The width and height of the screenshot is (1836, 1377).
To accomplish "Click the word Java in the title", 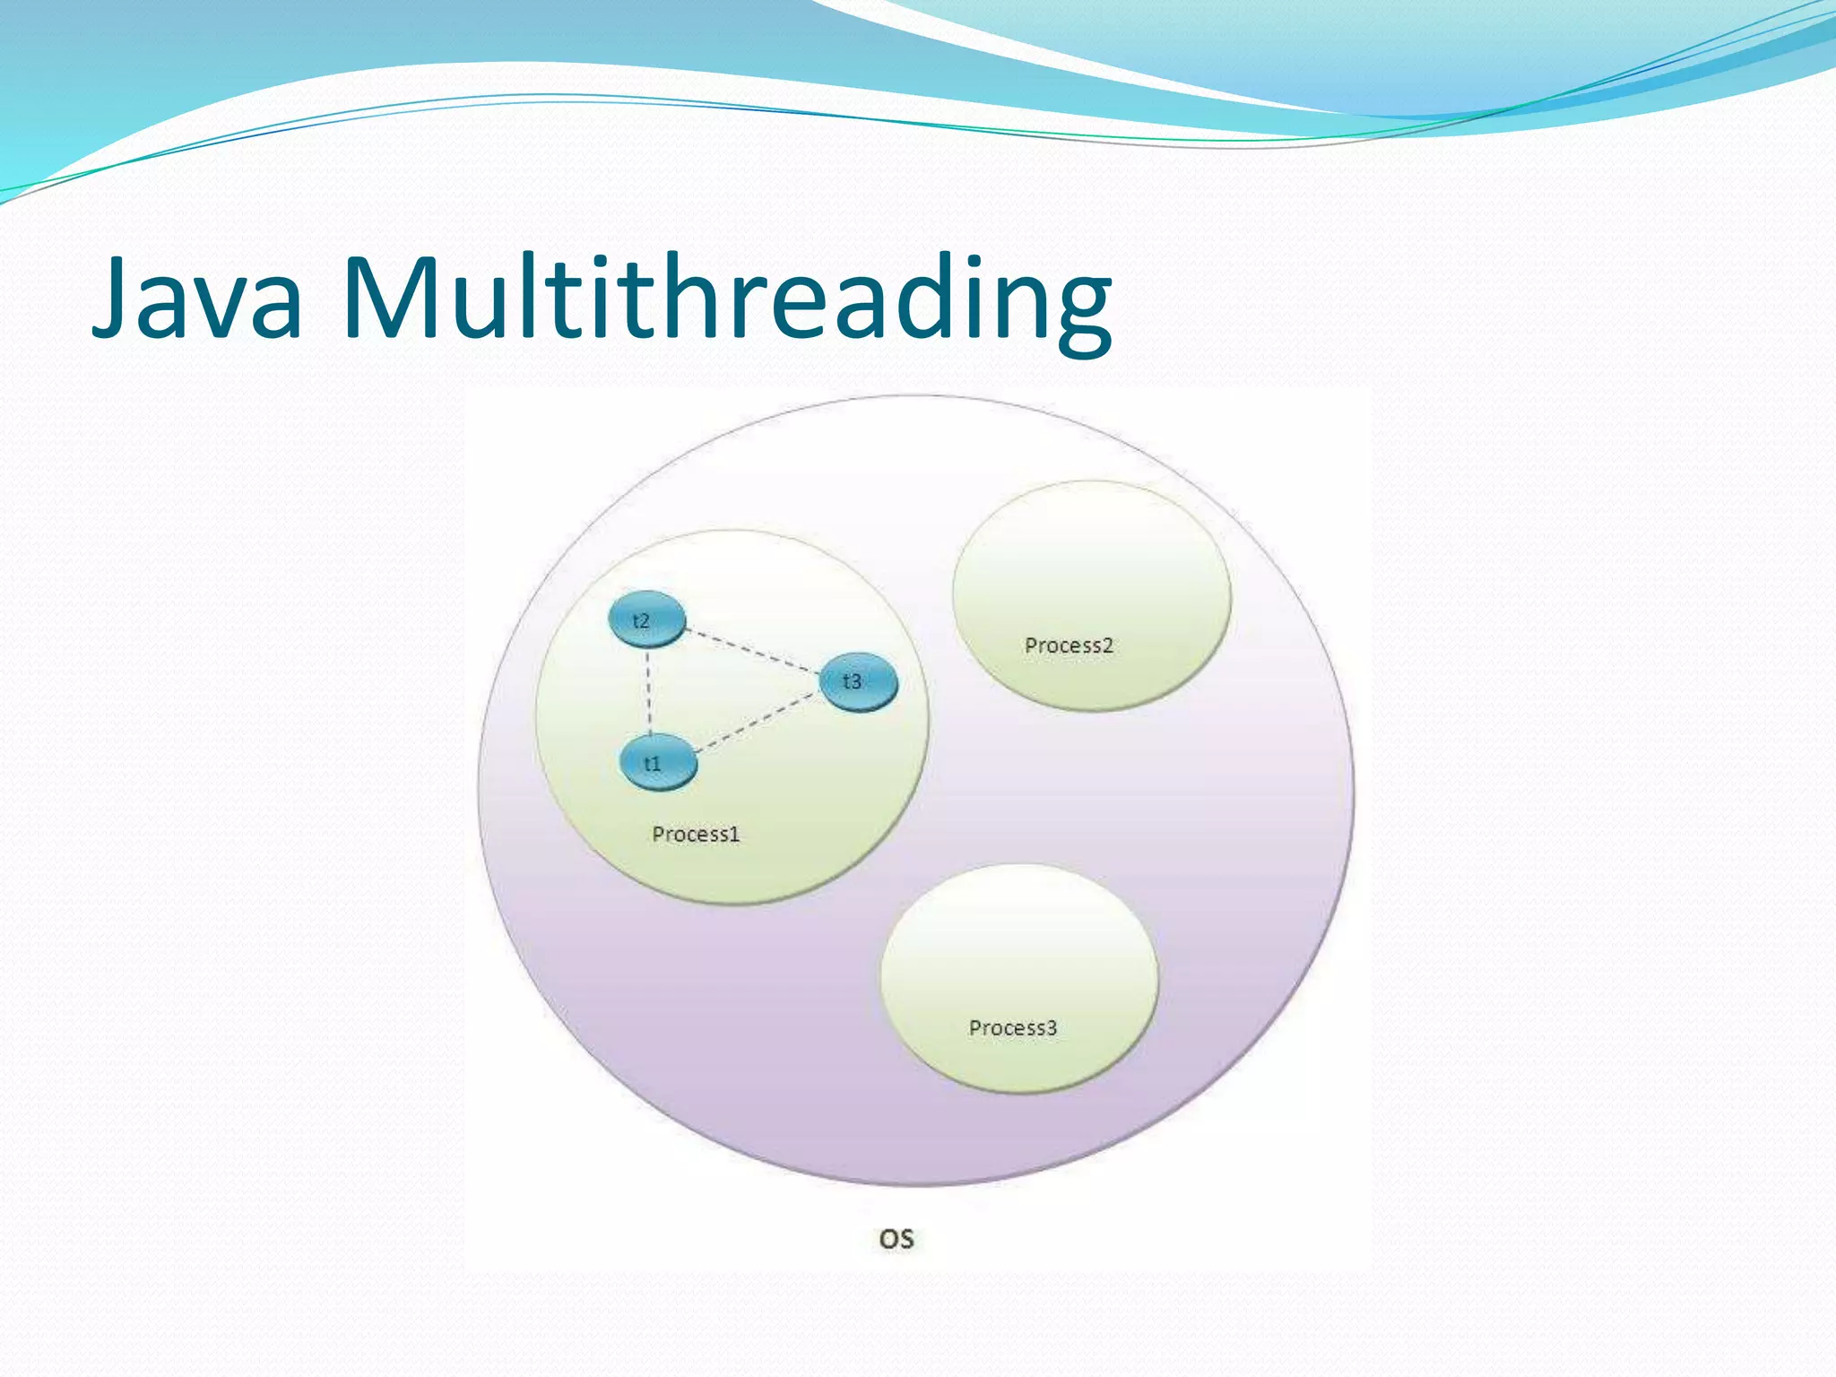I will click(197, 298).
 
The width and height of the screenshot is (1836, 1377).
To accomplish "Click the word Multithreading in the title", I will click(726, 298).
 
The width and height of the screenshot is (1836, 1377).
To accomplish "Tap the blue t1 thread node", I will click(657, 764).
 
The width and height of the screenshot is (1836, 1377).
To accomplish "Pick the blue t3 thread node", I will click(858, 681).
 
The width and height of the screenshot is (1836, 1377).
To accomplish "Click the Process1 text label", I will click(696, 835).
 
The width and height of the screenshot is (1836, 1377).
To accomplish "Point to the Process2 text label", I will click(1069, 645).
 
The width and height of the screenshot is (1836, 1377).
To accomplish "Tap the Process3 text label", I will click(1013, 1028).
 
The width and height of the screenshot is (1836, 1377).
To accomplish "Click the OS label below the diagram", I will click(896, 1239).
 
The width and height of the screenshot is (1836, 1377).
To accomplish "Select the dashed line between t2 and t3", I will click(753, 649).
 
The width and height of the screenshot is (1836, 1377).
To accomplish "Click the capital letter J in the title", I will click(115, 298).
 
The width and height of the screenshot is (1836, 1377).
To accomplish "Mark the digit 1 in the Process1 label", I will click(734, 835).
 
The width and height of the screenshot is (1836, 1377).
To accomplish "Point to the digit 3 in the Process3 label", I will click(1052, 1028).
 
